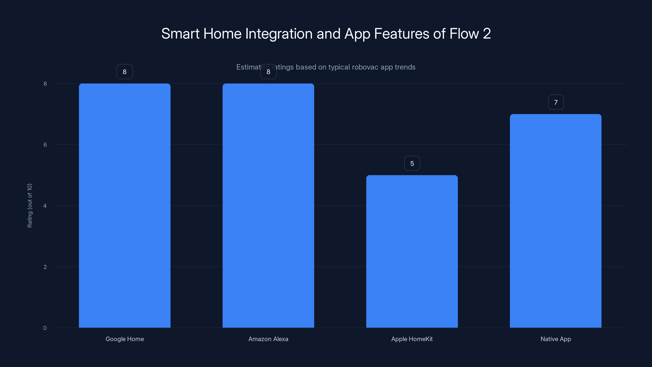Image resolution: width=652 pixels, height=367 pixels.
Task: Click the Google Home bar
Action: coord(124,205)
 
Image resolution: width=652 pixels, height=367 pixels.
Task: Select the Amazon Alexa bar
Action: coord(268,205)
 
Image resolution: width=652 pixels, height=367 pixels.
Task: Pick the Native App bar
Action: coord(556,221)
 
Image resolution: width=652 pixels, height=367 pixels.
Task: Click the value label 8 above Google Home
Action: coord(124,72)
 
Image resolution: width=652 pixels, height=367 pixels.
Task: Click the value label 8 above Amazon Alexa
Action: coord(268,72)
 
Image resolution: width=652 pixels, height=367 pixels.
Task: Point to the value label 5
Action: coord(412,163)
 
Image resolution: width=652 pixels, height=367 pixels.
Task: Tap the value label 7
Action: coord(556,102)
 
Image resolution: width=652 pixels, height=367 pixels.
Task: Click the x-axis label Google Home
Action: coord(124,339)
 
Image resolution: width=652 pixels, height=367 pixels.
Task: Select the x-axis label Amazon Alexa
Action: coord(268,339)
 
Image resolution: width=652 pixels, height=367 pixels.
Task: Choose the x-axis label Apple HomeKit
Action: coord(412,339)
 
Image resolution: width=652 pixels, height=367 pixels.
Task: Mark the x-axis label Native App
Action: coord(556,339)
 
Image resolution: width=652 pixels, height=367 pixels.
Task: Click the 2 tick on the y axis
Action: coord(45,267)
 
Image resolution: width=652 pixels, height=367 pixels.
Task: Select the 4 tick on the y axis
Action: coord(45,206)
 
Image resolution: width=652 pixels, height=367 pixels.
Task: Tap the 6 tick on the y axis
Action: coord(45,145)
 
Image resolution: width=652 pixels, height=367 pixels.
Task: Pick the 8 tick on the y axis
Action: coord(45,84)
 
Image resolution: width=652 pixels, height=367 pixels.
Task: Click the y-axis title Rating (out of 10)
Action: coord(30,205)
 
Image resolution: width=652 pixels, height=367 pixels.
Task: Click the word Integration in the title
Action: coord(279,34)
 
